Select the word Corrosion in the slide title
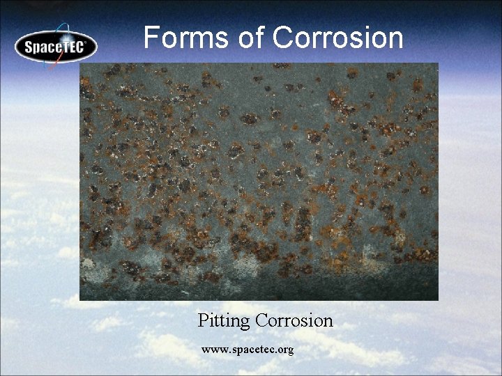(338, 38)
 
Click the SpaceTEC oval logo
(56, 46)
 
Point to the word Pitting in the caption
(224, 321)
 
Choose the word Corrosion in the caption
(294, 320)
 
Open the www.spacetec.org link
(248, 349)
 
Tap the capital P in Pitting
(203, 320)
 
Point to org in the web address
(286, 350)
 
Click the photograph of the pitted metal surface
(259, 182)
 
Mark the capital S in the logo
(29, 48)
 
